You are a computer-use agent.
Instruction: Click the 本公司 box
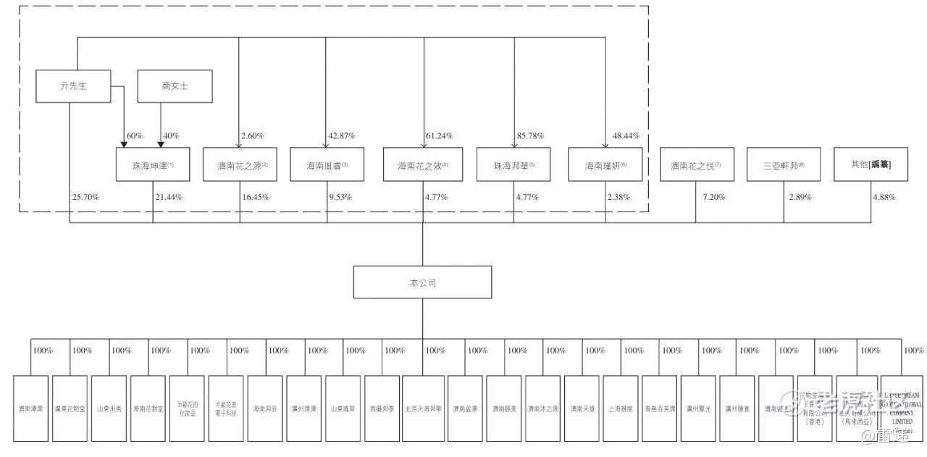point(422,282)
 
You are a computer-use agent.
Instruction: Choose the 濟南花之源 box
point(240,165)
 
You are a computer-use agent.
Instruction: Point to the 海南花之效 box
point(423,165)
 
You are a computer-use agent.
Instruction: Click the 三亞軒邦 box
point(784,165)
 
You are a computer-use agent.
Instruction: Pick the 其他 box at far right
point(871,165)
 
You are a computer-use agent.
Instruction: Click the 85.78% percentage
point(532,136)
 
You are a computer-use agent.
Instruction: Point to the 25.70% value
point(85,197)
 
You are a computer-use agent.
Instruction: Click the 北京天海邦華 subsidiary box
point(424,408)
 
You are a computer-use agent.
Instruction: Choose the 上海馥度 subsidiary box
point(620,408)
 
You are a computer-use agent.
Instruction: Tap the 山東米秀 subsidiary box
point(109,408)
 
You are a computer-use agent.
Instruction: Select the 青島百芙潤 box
point(660,408)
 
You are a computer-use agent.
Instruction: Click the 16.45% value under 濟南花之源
point(256,197)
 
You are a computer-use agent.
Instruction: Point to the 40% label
point(172,136)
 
